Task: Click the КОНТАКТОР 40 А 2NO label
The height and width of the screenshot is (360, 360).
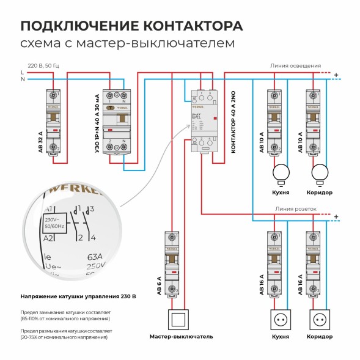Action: [233, 127]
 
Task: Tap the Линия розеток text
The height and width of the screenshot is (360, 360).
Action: [296, 208]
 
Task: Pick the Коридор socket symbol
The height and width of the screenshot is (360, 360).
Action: [320, 318]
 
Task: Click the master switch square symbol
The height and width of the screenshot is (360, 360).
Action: [180, 318]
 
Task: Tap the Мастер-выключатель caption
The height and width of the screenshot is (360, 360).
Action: [181, 337]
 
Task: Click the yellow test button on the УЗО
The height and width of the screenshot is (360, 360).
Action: [110, 107]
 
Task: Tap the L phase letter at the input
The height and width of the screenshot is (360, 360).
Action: [23, 72]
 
